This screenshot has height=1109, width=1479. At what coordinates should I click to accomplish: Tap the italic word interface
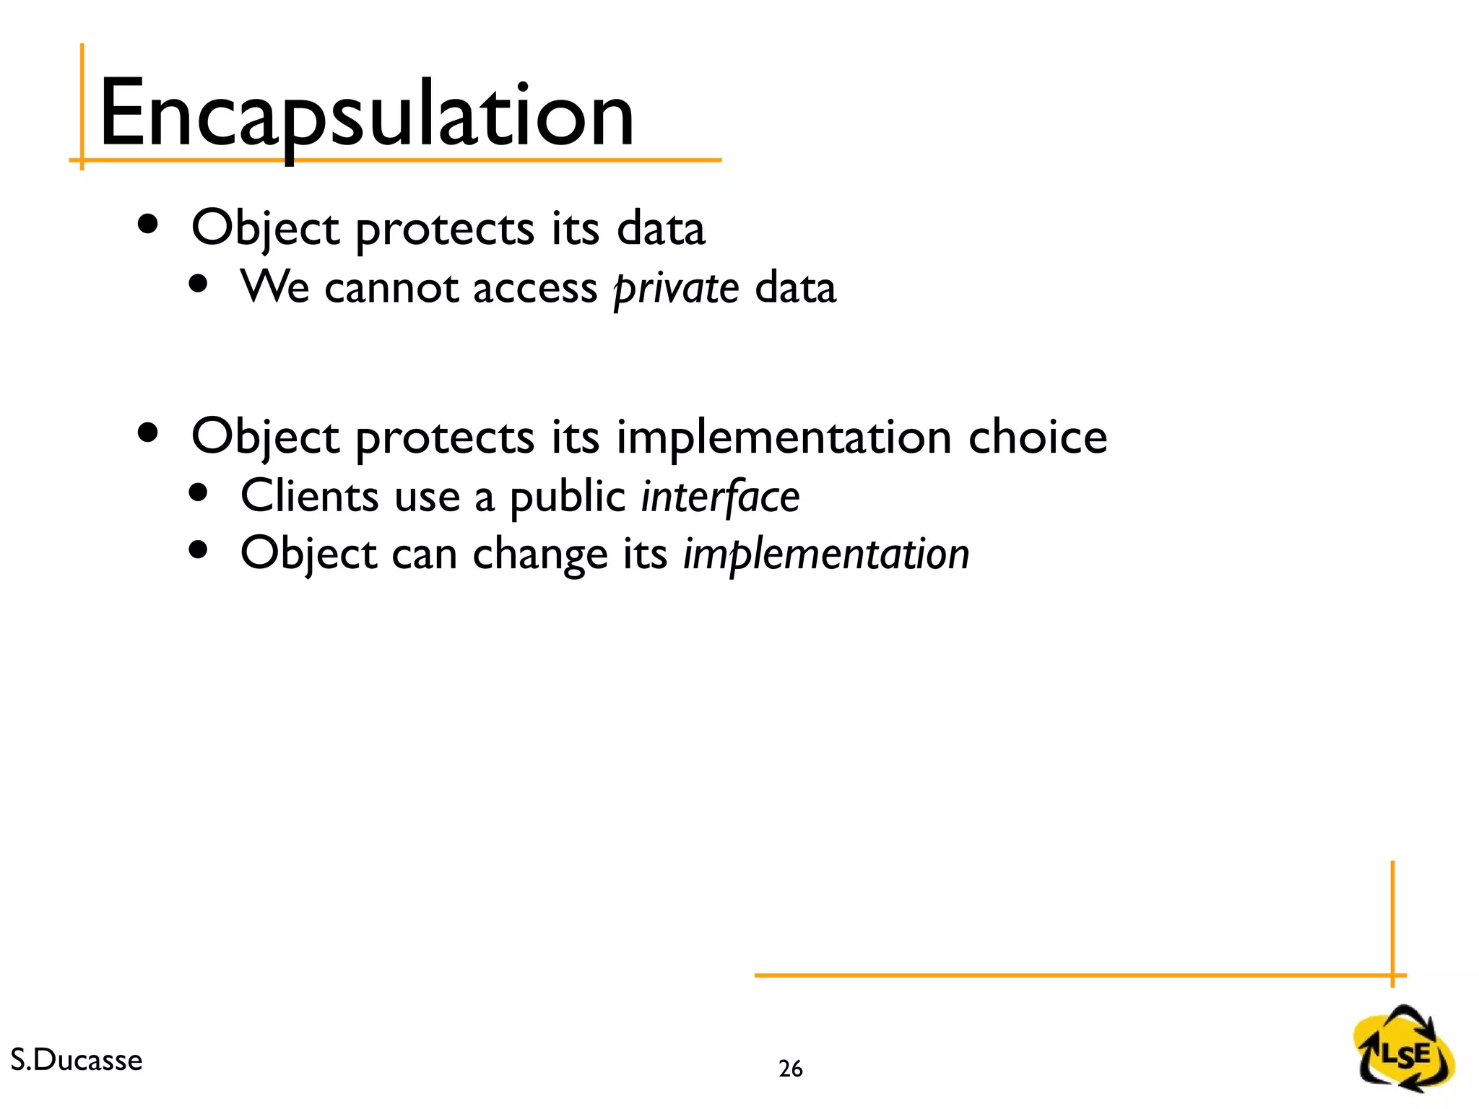click(x=720, y=497)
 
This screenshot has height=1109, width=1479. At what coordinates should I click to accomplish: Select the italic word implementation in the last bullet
click(x=825, y=555)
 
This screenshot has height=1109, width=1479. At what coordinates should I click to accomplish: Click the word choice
click(x=1037, y=438)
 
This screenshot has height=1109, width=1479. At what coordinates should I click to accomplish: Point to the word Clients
click(x=309, y=497)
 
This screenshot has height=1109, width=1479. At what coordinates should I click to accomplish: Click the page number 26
click(x=790, y=1069)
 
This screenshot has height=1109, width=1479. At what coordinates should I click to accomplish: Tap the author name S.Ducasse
click(x=77, y=1060)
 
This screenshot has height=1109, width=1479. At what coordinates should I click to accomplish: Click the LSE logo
click(x=1404, y=1048)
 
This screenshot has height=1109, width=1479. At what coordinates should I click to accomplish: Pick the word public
click(x=567, y=497)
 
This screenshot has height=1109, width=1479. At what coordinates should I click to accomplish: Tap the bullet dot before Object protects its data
click(x=148, y=224)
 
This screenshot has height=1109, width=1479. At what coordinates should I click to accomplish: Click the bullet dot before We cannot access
click(x=198, y=284)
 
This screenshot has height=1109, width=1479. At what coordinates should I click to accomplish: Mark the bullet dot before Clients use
click(x=198, y=493)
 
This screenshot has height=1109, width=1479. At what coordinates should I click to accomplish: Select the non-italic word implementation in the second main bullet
click(x=784, y=438)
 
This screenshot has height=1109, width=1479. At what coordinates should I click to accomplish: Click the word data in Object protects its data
click(x=660, y=229)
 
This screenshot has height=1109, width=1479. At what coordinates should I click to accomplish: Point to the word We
click(x=274, y=287)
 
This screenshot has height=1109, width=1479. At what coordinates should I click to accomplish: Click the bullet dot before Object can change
click(x=198, y=551)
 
